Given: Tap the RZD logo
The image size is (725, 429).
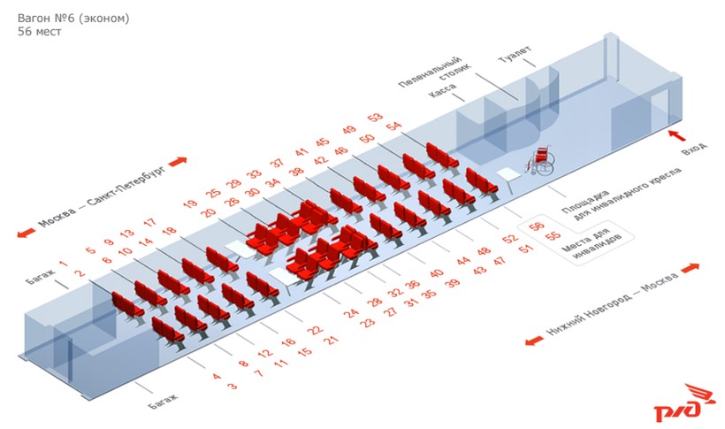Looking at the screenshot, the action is [678, 402].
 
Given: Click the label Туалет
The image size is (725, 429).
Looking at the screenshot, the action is [515, 54].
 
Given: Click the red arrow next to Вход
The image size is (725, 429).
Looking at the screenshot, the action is [677, 135].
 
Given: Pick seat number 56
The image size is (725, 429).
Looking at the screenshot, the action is [537, 226].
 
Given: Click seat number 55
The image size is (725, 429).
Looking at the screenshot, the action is [553, 236].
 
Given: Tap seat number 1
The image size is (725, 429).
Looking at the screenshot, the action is [63, 264].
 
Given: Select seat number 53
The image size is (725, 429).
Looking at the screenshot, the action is [375, 116].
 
